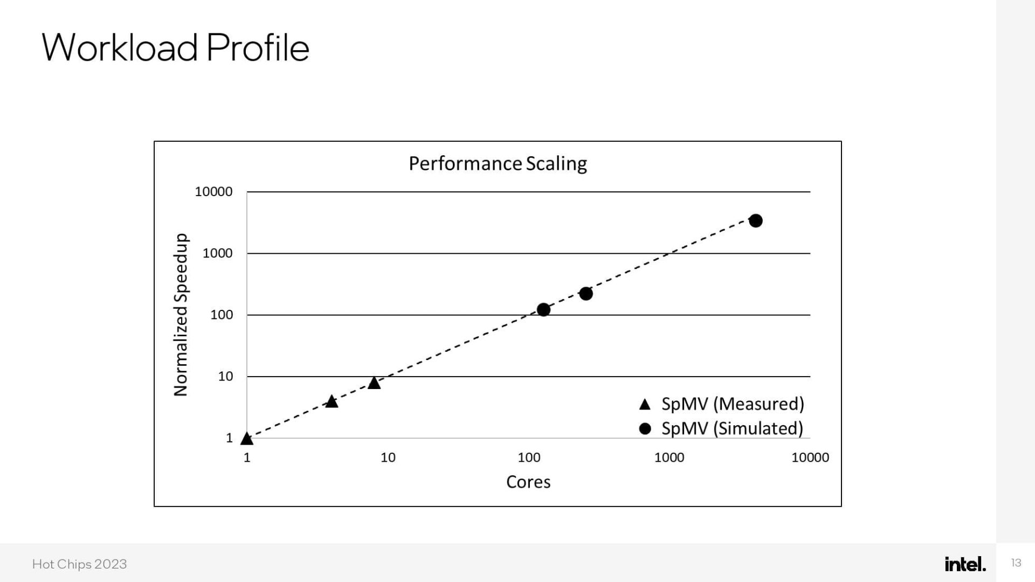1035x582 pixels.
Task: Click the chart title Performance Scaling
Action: (x=498, y=163)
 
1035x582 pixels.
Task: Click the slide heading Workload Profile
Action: (x=175, y=47)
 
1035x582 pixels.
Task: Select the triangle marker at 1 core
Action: (x=247, y=439)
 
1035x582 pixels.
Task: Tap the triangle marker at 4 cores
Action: (x=332, y=401)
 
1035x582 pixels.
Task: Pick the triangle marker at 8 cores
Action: (x=374, y=383)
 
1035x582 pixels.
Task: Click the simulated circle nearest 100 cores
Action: (x=543, y=309)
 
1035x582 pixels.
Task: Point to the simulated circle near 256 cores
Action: (x=586, y=294)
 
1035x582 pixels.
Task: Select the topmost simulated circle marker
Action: (x=756, y=220)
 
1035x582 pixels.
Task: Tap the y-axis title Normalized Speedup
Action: (x=181, y=315)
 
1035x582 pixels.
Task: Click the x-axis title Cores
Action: (x=528, y=482)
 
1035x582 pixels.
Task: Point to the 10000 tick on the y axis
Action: (x=213, y=192)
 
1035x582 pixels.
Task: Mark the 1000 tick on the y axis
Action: (x=217, y=253)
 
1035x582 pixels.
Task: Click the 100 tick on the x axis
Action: (x=529, y=458)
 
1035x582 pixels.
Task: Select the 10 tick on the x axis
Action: (x=388, y=458)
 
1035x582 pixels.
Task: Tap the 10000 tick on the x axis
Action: (x=810, y=458)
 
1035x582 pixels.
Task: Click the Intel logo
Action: (x=965, y=564)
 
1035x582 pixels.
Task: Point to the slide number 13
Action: (x=1016, y=563)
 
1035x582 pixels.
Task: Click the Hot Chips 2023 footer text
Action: (x=79, y=564)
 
